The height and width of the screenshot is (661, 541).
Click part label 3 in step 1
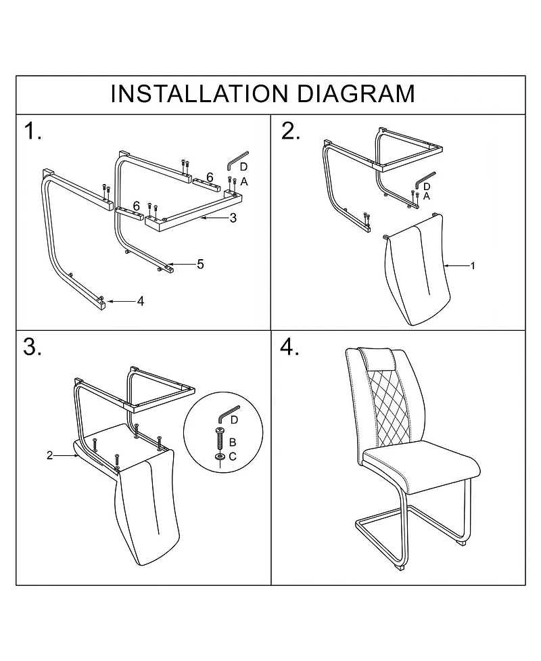(233, 218)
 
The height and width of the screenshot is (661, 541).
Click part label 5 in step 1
(200, 264)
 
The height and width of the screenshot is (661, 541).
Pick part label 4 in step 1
(141, 301)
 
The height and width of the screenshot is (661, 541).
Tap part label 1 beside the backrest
(473, 266)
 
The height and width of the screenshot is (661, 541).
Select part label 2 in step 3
(49, 455)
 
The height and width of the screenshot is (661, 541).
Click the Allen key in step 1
(237, 160)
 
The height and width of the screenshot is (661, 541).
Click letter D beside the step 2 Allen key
(427, 185)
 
